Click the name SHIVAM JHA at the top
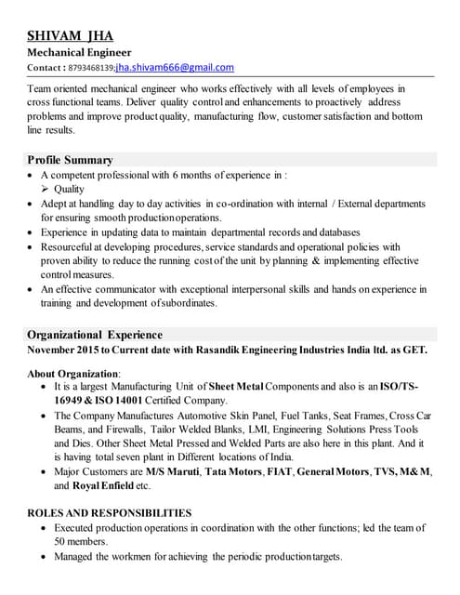point(71,35)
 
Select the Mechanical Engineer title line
point(79,53)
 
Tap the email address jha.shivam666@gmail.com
point(175,68)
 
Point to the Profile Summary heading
point(70,160)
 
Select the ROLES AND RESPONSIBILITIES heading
point(110,512)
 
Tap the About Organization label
point(73,373)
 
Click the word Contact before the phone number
point(46,69)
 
